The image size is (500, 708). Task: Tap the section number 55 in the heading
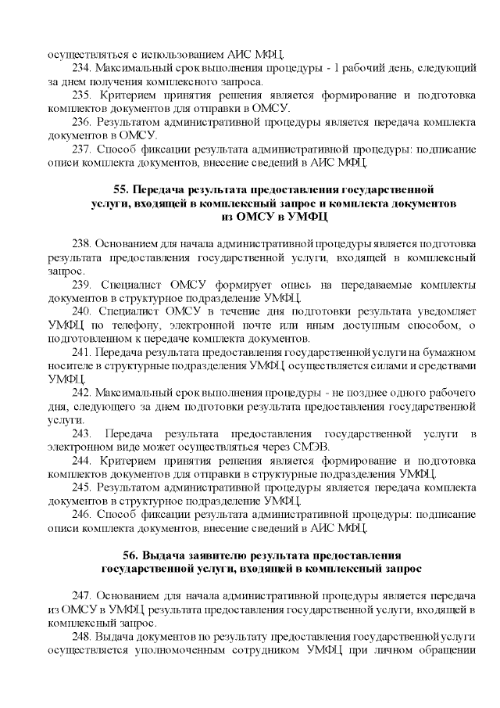coord(121,189)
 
